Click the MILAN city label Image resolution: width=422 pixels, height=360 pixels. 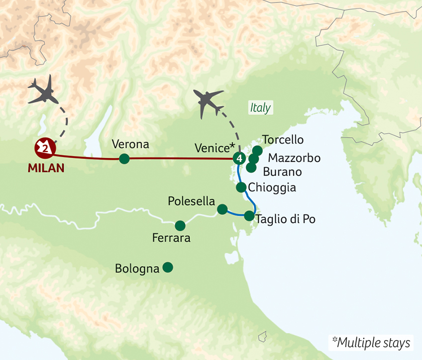click(46, 168)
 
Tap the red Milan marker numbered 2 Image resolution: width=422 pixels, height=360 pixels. click(45, 147)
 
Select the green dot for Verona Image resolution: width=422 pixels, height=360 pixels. click(124, 159)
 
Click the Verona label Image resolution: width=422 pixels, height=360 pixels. click(130, 144)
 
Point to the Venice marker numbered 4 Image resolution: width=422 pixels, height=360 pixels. click(239, 159)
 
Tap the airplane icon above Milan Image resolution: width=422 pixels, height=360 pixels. click(44, 91)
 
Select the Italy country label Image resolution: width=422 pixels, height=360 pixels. click(260, 108)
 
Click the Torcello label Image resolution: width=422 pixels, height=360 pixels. click(283, 140)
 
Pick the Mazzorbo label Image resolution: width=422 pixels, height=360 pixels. click(294, 158)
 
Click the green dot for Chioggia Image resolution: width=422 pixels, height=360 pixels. click(241, 187)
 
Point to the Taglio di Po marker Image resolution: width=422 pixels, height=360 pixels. click(249, 216)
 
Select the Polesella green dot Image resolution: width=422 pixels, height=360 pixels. click(222, 209)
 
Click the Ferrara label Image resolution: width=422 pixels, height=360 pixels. click(171, 238)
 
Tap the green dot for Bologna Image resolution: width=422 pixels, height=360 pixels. click(168, 267)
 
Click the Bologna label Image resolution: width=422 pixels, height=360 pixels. click(137, 269)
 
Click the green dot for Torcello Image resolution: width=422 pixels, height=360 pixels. click(257, 150)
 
